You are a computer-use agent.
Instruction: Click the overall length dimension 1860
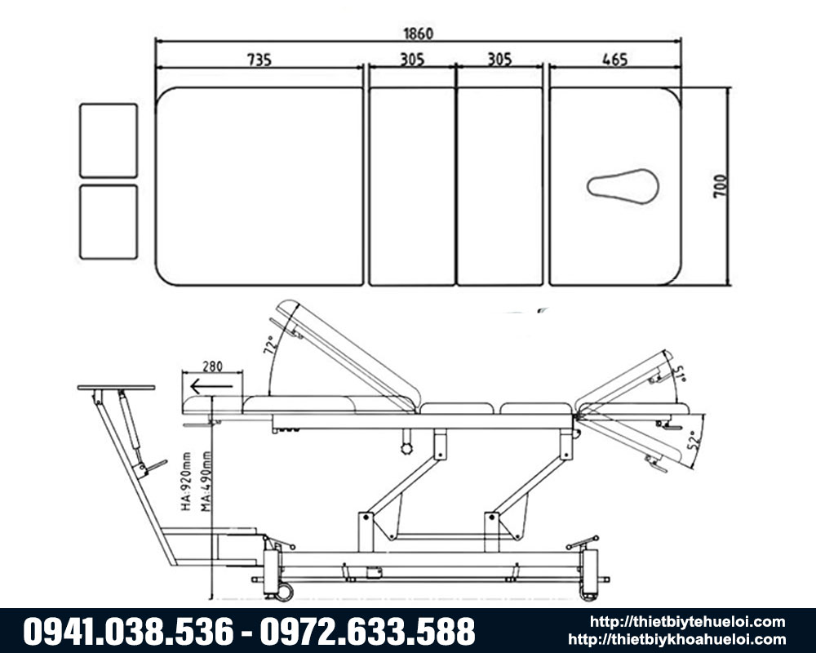pos(418,33)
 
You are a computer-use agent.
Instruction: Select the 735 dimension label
pos(259,60)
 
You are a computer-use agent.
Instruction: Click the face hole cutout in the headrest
pos(623,186)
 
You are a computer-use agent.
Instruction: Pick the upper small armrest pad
pos(109,140)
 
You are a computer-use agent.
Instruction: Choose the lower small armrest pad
pos(109,222)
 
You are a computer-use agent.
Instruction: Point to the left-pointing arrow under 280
pos(211,385)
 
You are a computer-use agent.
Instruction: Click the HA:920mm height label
pos(187,484)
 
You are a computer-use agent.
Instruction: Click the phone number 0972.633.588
pos(368,631)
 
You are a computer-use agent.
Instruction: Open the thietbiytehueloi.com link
pos(687,623)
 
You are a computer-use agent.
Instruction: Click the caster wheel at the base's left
pos(283,591)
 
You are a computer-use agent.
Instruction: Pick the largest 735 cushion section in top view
pos(259,186)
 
